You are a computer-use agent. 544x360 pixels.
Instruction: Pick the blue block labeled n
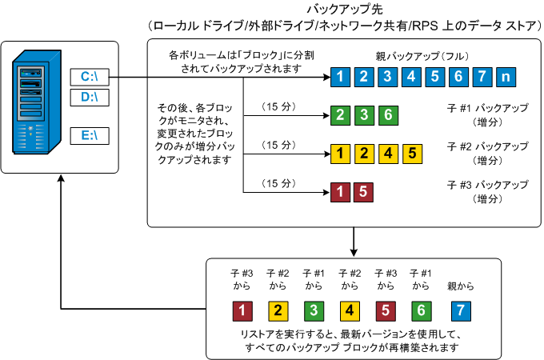pos(506,78)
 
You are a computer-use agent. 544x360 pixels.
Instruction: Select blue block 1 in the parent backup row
pos(340,78)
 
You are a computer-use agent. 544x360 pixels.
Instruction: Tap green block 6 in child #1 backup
pos(387,114)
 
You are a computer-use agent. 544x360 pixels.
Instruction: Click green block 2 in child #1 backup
pos(340,114)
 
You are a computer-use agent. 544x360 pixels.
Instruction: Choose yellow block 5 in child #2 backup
pos(411,152)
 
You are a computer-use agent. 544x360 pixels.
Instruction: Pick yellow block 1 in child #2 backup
pos(340,152)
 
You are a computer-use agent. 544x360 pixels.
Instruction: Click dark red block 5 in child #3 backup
pos(364,191)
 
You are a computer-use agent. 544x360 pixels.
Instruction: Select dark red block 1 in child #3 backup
pos(340,191)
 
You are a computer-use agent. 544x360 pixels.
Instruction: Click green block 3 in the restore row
pos(313,310)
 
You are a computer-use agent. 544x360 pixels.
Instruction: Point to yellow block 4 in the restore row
pos(350,310)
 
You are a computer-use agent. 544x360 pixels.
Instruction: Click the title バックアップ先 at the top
pos(344,9)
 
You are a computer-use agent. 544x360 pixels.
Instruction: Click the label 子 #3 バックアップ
pos(488,184)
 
